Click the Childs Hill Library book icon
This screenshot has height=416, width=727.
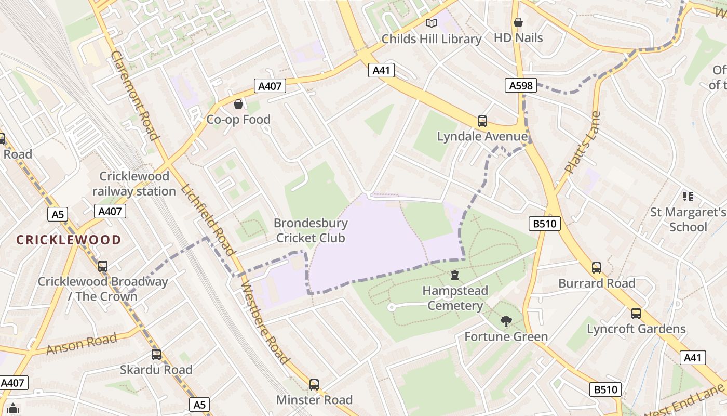pyautogui.click(x=431, y=23)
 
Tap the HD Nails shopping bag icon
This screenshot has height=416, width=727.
pyautogui.click(x=518, y=22)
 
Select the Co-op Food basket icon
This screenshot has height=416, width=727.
pyautogui.click(x=238, y=104)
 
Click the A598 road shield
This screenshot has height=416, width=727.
pyautogui.click(x=520, y=85)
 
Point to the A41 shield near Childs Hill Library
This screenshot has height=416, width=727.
pyautogui.click(x=381, y=70)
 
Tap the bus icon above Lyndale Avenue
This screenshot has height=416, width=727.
pyautogui.click(x=482, y=121)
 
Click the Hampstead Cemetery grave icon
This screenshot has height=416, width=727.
pyautogui.click(x=455, y=275)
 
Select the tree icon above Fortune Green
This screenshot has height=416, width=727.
pyautogui.click(x=506, y=321)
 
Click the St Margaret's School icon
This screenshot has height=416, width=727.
pyautogui.click(x=688, y=197)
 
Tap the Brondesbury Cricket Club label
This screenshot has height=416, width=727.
pyautogui.click(x=311, y=230)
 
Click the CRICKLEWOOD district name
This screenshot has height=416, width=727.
pyautogui.click(x=69, y=240)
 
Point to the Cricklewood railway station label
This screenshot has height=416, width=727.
pyautogui.click(x=134, y=184)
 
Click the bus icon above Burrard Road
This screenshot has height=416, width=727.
pyautogui.click(x=597, y=268)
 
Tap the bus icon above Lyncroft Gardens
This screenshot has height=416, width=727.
pyautogui.click(x=636, y=314)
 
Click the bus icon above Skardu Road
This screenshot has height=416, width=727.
pyautogui.click(x=156, y=355)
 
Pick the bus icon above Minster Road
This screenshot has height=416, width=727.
pyautogui.click(x=314, y=385)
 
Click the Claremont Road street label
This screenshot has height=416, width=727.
pyautogui.click(x=134, y=95)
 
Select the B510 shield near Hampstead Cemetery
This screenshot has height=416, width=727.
pyautogui.click(x=545, y=224)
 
